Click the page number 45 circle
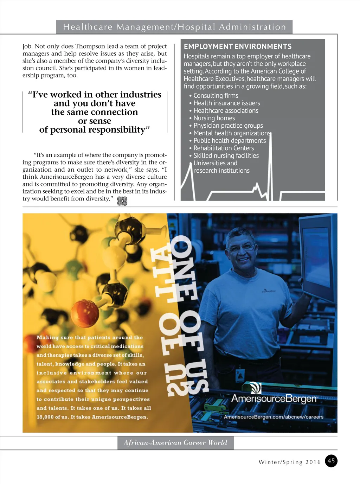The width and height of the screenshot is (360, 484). tap(331, 461)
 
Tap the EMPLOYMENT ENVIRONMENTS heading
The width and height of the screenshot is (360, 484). tap(238, 46)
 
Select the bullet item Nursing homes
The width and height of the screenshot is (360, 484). tap(214, 118)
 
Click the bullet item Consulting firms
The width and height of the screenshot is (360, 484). tap(216, 96)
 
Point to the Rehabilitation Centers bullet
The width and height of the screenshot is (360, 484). tap(223, 148)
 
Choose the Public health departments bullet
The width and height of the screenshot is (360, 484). tap(229, 141)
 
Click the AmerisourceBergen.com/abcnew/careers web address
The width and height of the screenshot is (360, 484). tap(274, 417)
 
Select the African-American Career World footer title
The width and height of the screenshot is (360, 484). tap(175, 442)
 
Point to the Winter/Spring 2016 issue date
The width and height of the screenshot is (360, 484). tap(290, 462)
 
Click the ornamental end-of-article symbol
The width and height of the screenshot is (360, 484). tap(122, 201)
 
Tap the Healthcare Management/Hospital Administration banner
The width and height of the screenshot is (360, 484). tap(174, 27)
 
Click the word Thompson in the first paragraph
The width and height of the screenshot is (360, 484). tap(90, 46)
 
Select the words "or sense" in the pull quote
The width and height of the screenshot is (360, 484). tap(95, 121)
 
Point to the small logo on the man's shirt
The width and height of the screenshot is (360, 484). tap(269, 291)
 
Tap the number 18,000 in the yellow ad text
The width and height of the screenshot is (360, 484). tap(45, 417)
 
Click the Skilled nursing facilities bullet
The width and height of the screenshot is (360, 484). tap(226, 155)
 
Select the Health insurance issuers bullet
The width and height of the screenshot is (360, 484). tap(226, 103)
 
